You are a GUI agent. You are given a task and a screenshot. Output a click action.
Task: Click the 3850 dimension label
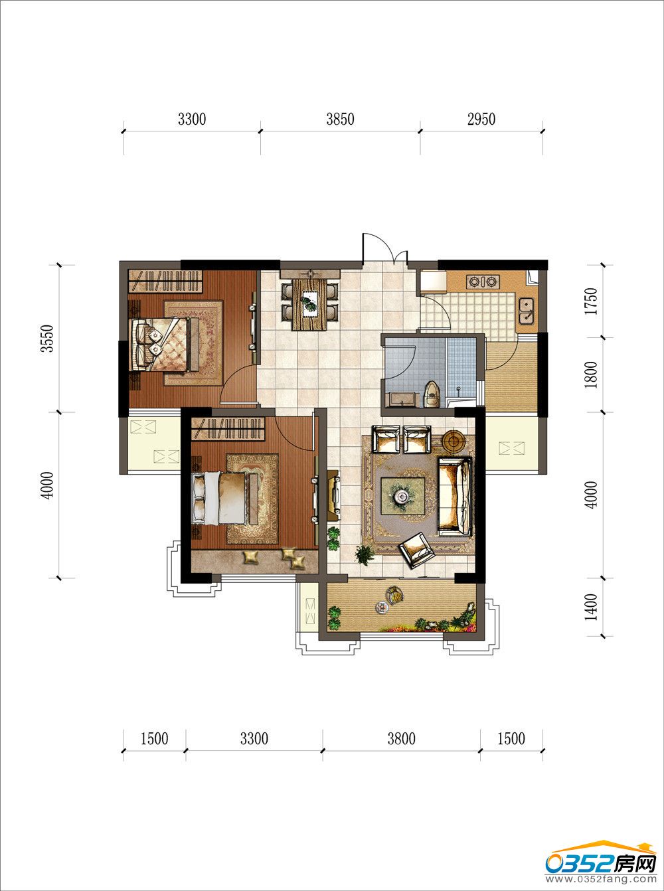pyautogui.click(x=340, y=120)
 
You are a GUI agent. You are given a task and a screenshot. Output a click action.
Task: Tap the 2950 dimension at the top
pyautogui.click(x=481, y=120)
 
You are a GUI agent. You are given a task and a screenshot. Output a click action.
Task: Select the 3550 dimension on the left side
pyautogui.click(x=47, y=339)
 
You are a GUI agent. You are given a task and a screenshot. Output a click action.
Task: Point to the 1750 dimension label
pyautogui.click(x=591, y=301)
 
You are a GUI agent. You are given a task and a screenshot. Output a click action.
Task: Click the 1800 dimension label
pyautogui.click(x=591, y=375)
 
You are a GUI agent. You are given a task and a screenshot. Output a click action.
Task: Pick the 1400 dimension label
pyautogui.click(x=591, y=607)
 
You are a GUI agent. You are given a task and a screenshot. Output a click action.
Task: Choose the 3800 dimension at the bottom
pyautogui.click(x=401, y=739)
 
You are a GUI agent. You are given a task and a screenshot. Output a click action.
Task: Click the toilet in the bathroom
pyautogui.click(x=432, y=394)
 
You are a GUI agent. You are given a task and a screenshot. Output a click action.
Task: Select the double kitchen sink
pyautogui.click(x=526, y=311)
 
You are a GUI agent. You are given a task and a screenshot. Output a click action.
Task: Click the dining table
pyautogui.click(x=310, y=304)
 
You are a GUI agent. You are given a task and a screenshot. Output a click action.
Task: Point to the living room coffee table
pyautogui.click(x=403, y=496)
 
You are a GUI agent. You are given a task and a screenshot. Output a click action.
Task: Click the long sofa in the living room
pyautogui.click(x=455, y=496)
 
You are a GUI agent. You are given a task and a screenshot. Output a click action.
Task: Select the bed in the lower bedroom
pyautogui.click(x=225, y=498)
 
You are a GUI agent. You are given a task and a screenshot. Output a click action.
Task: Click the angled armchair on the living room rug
pyautogui.click(x=417, y=550)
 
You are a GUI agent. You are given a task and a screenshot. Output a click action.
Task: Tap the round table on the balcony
pyautogui.click(x=381, y=607)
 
